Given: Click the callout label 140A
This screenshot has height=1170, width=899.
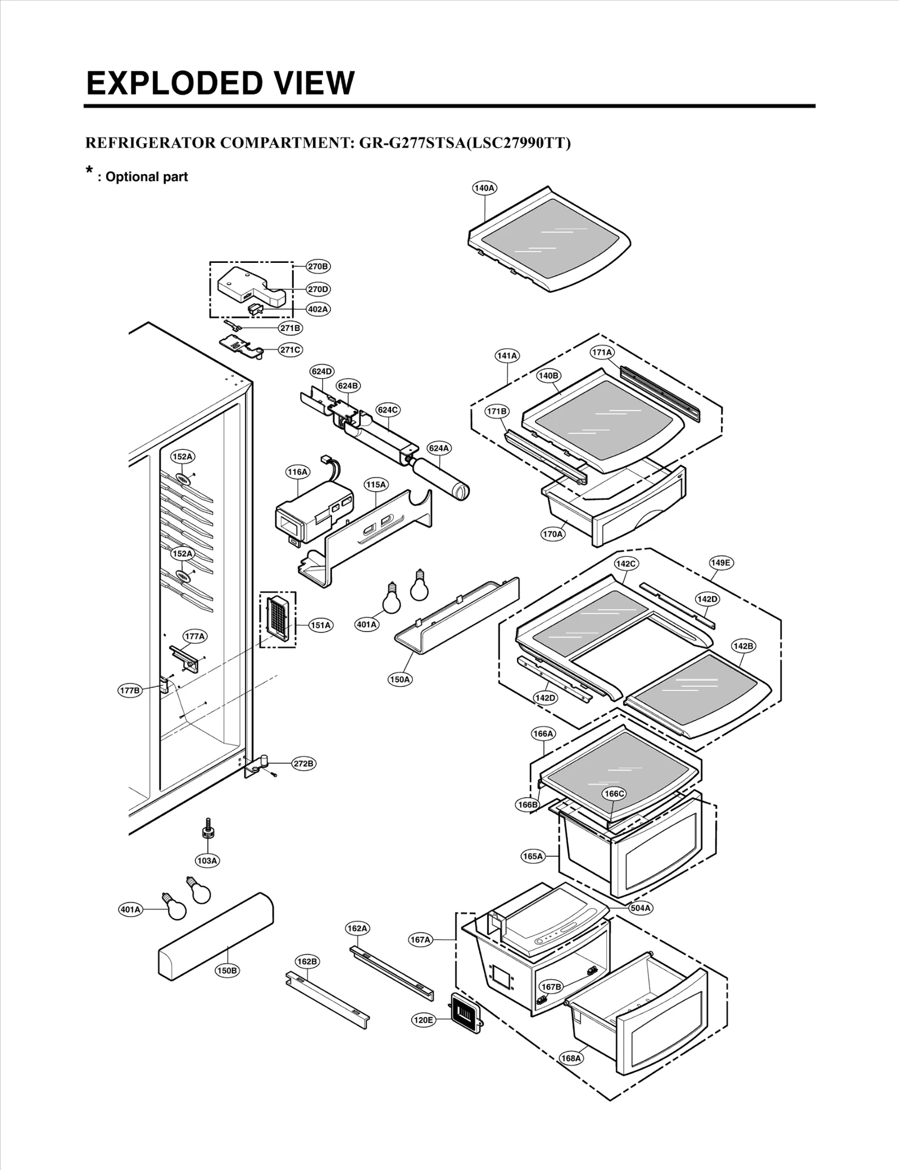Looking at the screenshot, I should (484, 188).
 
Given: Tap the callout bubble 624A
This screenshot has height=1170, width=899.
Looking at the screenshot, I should (439, 448).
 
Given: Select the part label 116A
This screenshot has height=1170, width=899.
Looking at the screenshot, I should (298, 472).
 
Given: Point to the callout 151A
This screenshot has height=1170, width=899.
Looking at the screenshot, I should (321, 625).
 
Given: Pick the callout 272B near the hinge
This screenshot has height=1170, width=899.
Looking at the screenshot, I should (304, 763).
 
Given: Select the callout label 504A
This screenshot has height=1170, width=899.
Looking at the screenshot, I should (641, 908).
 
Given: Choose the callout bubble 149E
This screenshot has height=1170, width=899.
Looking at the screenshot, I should (720, 563).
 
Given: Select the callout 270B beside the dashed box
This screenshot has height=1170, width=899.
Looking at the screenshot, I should (318, 266).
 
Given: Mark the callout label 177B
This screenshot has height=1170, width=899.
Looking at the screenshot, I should (130, 690).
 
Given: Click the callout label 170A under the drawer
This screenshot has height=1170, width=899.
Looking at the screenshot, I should (552, 534).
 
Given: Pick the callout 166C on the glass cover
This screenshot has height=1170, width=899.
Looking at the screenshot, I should (614, 794).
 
